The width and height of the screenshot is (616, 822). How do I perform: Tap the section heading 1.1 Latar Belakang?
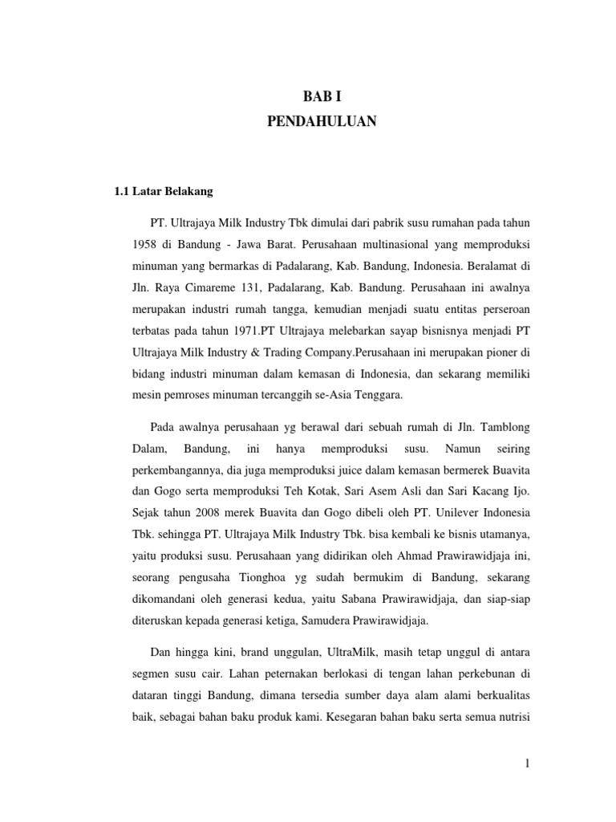coord(160,193)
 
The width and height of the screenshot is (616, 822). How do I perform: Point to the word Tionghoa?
coord(243,577)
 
